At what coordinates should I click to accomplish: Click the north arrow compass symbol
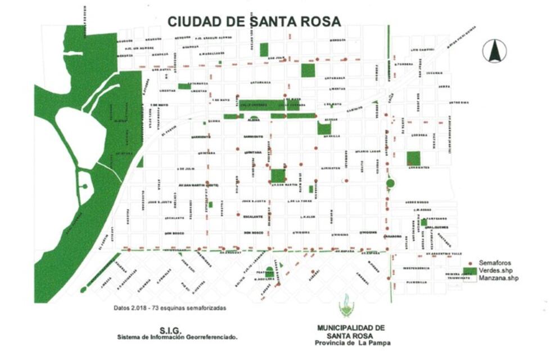494,51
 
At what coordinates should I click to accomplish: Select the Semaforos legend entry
491,263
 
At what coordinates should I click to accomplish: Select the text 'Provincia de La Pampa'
353,343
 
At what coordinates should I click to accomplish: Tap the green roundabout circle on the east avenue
390,183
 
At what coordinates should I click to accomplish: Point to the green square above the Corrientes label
413,158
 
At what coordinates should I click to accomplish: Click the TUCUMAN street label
433,73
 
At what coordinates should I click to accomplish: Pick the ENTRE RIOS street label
458,102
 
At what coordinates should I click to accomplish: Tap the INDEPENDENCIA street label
415,268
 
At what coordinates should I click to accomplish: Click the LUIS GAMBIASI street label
422,50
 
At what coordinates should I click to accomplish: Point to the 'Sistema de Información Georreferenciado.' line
177,337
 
